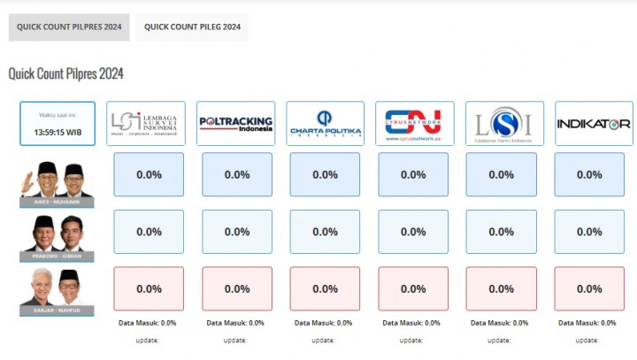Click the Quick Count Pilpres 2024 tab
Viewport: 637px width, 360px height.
coord(69,27)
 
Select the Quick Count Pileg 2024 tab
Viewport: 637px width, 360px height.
coord(192,27)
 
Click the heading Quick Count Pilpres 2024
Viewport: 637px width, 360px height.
coord(65,73)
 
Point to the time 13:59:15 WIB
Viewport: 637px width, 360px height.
coord(58,132)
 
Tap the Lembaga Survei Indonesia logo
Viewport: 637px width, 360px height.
coord(146,123)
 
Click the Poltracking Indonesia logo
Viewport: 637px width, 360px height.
coord(236,123)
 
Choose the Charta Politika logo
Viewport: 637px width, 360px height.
coord(325,123)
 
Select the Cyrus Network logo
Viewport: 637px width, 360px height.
coord(414,123)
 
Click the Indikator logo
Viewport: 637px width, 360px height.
coord(593,123)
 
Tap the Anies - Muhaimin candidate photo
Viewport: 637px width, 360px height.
coord(58,182)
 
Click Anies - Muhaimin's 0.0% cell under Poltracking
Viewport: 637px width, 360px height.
coord(237,174)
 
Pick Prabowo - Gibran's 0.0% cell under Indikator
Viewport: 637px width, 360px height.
coord(589,232)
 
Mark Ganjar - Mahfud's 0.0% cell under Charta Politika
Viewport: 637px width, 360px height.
coord(325,288)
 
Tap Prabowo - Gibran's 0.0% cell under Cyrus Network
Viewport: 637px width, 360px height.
coord(413,232)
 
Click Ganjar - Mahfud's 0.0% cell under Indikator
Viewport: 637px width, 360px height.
coord(589,288)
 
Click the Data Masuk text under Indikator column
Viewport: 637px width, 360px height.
coord(589,323)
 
